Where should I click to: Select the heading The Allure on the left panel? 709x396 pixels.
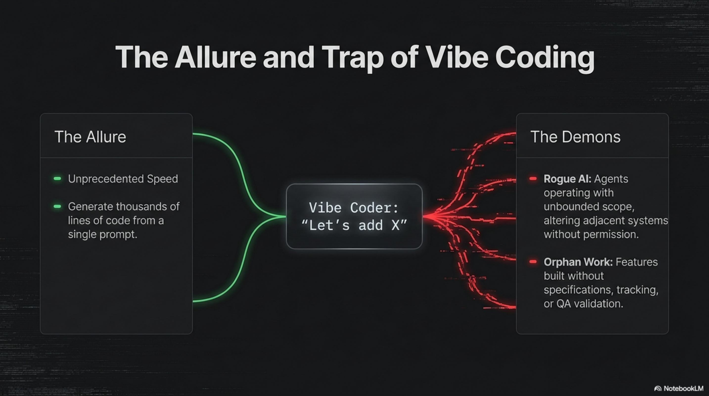(x=90, y=137)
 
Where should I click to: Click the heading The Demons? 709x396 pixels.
(x=575, y=137)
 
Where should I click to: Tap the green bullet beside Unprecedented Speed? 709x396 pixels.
(x=57, y=178)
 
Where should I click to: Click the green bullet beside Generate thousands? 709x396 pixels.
(x=57, y=206)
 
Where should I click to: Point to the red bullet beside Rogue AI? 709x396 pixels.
(x=533, y=178)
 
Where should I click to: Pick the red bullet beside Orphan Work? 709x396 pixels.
(x=533, y=262)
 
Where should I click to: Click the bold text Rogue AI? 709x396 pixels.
(x=567, y=179)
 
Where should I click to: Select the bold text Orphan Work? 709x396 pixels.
(x=578, y=262)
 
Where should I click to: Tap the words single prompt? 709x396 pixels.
(x=102, y=235)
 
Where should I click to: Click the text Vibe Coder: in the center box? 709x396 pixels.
(x=354, y=208)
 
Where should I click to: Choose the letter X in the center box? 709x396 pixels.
(x=395, y=225)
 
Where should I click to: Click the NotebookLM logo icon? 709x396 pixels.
(x=658, y=389)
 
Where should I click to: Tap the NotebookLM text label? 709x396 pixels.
(x=683, y=389)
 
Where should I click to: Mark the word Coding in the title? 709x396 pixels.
(x=545, y=58)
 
